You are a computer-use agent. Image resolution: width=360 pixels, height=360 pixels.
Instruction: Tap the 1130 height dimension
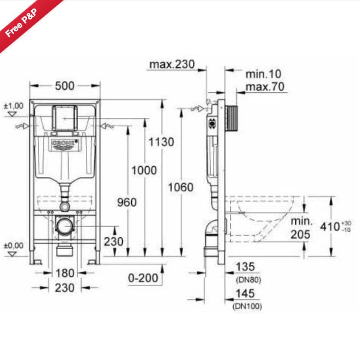161,142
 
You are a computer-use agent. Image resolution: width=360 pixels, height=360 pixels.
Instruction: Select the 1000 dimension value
144,170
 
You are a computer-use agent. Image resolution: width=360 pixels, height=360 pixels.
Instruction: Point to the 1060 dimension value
180,188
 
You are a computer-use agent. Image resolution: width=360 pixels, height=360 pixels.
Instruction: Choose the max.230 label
172,64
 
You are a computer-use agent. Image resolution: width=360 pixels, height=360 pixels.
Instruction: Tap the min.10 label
263,74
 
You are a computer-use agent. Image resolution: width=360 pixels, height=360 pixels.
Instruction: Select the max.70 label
265,87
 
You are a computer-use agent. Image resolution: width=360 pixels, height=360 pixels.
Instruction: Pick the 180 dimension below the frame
65,273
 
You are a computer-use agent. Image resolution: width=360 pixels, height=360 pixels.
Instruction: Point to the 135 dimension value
245,266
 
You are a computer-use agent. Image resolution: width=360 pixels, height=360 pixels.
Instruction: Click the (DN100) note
248,306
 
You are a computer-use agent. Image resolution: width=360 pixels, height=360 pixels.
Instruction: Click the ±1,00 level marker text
13,105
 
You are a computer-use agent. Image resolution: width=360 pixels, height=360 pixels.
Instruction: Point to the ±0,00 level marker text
13,245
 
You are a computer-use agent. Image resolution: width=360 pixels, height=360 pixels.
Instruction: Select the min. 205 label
300,228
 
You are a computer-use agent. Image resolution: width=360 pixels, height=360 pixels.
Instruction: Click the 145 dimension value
245,293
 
